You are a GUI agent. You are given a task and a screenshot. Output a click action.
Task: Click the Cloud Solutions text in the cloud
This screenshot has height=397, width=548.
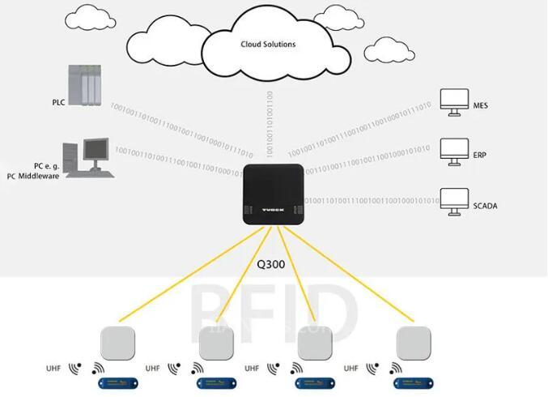[267, 45]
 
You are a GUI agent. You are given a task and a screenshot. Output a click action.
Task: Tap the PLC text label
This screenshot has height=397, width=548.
[57, 103]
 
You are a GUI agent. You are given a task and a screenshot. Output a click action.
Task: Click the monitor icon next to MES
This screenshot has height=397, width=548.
[452, 100]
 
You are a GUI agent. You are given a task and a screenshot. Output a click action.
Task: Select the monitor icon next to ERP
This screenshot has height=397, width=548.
[452, 149]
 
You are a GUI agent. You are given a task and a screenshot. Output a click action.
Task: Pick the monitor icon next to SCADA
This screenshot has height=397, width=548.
[452, 199]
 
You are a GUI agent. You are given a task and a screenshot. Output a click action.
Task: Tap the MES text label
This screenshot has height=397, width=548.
[480, 106]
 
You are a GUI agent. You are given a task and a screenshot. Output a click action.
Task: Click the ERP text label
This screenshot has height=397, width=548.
[480, 156]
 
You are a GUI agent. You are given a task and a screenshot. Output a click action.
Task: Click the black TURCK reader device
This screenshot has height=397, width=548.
[274, 195]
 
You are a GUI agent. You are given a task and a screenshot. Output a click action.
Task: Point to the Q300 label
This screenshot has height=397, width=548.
[274, 263]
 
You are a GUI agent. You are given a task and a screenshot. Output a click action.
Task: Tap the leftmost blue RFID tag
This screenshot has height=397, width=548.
[117, 381]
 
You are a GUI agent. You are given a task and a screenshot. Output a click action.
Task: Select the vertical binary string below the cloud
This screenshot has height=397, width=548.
[269, 122]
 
